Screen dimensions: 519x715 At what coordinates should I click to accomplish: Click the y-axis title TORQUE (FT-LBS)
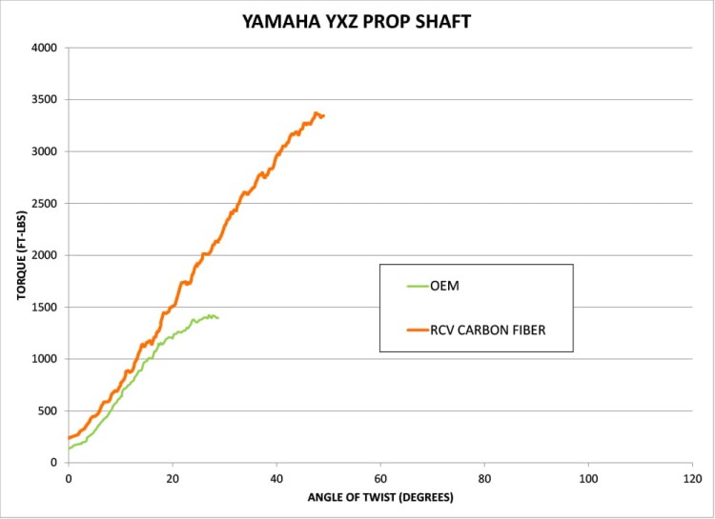[x=20, y=254]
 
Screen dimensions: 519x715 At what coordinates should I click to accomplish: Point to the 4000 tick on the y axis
[x=44, y=48]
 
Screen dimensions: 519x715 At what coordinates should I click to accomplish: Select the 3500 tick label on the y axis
[x=44, y=100]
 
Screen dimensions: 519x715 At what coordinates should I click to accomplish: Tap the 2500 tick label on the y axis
[x=44, y=204]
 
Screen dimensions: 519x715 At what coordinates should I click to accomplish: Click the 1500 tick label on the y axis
[x=44, y=308]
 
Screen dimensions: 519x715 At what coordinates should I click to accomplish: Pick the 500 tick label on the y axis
[x=47, y=411]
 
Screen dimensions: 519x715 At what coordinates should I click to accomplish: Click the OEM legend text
[x=446, y=284]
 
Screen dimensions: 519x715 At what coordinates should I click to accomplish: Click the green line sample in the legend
[x=416, y=284]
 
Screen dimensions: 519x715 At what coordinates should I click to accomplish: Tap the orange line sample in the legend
[x=416, y=330]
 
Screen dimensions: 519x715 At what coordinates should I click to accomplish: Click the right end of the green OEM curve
[x=218, y=318]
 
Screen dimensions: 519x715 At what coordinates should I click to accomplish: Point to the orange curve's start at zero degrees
[x=70, y=438]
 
